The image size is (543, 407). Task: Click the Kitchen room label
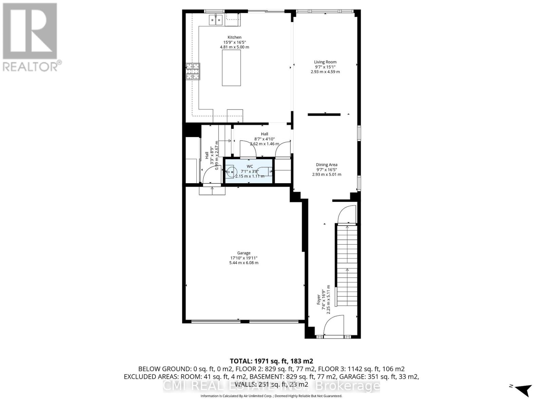tap(234, 37)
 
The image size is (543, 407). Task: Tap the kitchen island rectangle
tap(231, 68)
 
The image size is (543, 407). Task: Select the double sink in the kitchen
tap(215, 20)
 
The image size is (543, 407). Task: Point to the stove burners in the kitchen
tap(192, 72)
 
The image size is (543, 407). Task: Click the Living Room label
tap(325, 62)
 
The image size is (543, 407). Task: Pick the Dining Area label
tap(326, 165)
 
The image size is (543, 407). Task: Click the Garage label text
tap(244, 253)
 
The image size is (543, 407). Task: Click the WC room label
tap(249, 166)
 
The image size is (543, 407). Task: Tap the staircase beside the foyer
tap(347, 265)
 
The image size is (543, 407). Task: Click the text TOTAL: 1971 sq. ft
tap(271, 361)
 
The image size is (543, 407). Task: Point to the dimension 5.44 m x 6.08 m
tap(244, 263)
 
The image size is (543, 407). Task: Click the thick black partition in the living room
tap(324, 115)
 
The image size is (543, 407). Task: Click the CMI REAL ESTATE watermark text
tap(271, 386)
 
